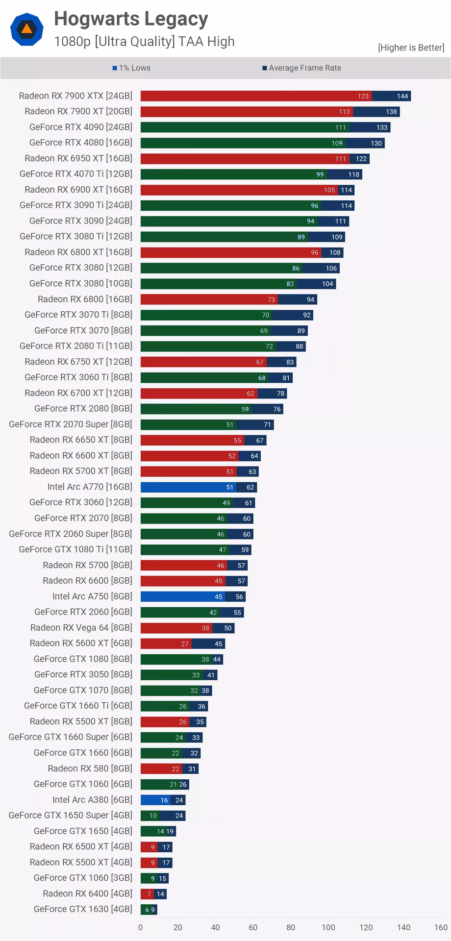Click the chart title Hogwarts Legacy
click(x=131, y=19)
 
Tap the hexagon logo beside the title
click(x=27, y=29)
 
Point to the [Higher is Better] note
click(x=411, y=48)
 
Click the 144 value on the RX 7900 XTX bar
click(x=402, y=96)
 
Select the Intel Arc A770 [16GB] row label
click(x=90, y=487)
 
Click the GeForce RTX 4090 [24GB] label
click(x=81, y=127)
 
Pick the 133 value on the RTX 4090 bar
click(x=382, y=127)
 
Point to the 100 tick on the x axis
click(x=328, y=927)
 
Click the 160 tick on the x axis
click(x=441, y=927)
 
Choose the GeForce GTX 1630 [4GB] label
click(x=83, y=909)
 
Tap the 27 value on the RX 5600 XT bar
click(x=185, y=644)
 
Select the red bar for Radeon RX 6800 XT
click(x=225, y=252)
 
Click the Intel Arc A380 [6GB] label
click(x=92, y=799)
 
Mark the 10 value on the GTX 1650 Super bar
click(x=153, y=816)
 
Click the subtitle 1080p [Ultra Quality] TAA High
click(x=144, y=42)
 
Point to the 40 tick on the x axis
click(x=215, y=927)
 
